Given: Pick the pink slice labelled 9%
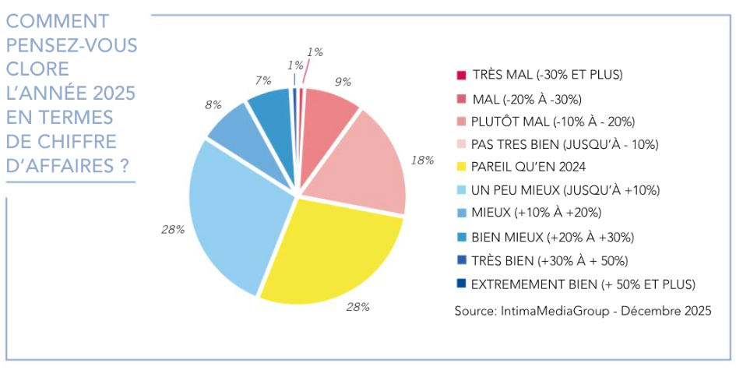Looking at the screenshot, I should tap(327, 117).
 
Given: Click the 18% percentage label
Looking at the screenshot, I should tap(422, 161).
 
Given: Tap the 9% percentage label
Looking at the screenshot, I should tap(343, 81).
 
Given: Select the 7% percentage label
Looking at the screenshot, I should tap(262, 79).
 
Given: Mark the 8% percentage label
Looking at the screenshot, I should tap(213, 104).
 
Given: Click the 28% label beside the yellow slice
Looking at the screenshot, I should tap(357, 307).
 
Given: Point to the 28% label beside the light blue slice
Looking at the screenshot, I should tap(172, 229).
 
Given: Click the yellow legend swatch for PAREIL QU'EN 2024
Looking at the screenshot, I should tap(461, 166).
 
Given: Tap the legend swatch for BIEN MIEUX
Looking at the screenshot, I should tap(461, 237).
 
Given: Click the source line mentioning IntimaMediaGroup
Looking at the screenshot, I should tap(583, 311).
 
